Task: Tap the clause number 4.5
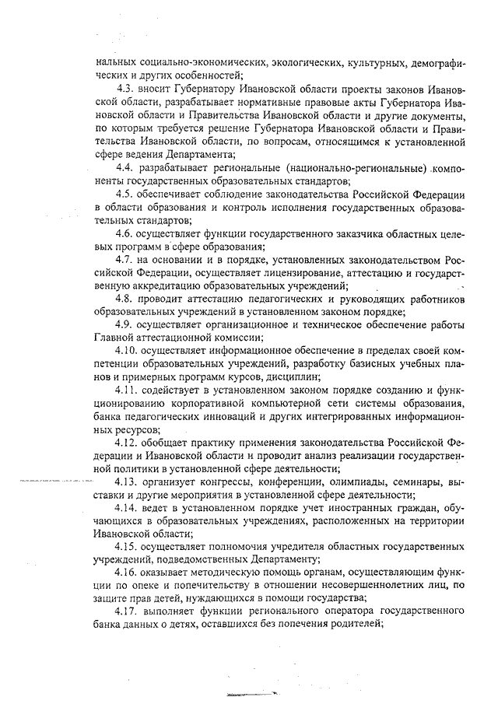pos(126,193)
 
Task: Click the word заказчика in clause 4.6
pos(310,233)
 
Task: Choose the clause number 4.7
pos(126,259)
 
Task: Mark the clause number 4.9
pos(126,324)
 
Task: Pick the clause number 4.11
pos(128,391)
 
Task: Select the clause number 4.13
pos(128,482)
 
